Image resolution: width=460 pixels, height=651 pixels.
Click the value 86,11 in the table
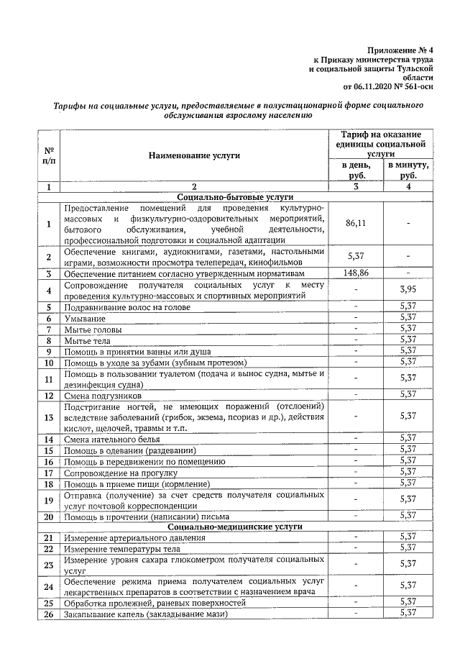pyautogui.click(x=356, y=224)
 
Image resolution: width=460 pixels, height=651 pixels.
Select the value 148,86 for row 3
pyautogui.click(x=356, y=274)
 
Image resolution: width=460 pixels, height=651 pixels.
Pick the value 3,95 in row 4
pyautogui.click(x=408, y=290)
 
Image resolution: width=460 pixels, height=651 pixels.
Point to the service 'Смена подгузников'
pyautogui.click(x=104, y=396)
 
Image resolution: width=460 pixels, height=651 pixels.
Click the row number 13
pyautogui.click(x=49, y=417)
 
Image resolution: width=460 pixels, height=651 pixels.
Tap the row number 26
pyautogui.click(x=49, y=614)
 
